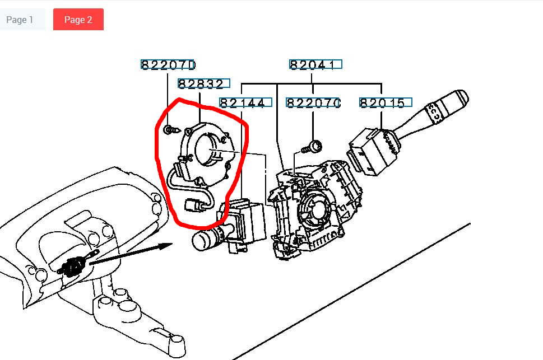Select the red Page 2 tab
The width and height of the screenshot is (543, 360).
coord(78,20)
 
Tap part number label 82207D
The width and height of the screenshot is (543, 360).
coord(168,65)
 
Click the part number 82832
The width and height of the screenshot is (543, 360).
coord(203,84)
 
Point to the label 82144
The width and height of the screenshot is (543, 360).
coord(245,103)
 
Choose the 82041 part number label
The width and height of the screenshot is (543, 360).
coord(315,65)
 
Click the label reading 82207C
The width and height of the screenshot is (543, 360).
coord(313,103)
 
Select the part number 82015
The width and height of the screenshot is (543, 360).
coord(386,103)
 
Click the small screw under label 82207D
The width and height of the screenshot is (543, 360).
coord(172,130)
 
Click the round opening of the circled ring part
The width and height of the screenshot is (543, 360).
coord(206,149)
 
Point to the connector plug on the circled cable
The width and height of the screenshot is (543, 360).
coord(193,205)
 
